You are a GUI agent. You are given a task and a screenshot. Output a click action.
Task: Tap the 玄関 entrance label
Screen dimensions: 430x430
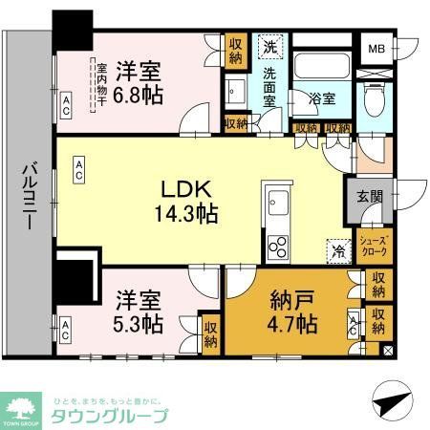click(x=370, y=197)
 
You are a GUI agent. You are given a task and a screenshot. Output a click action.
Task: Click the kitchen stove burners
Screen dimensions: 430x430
click(x=277, y=246)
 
